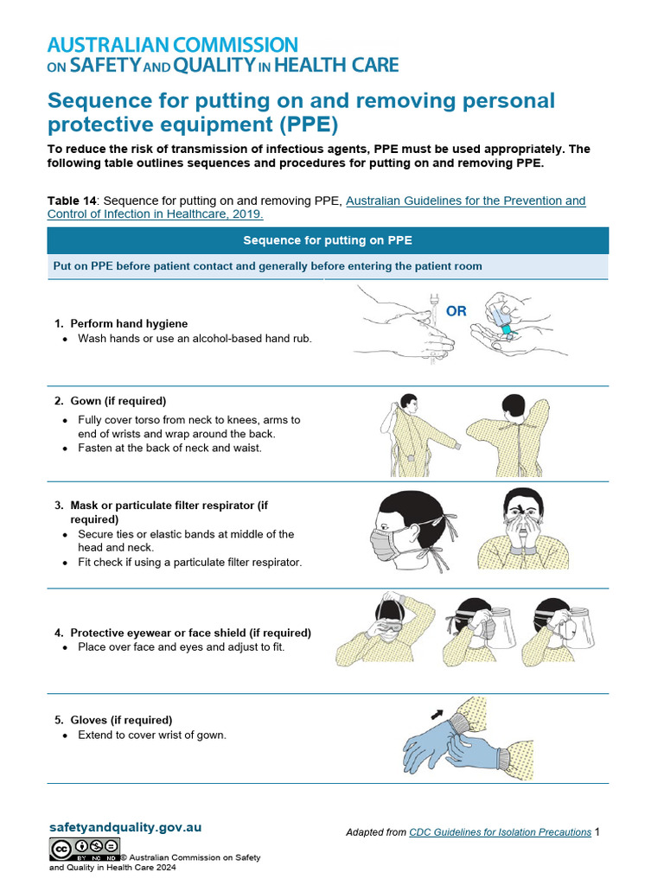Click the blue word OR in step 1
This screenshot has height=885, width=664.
[x=456, y=311]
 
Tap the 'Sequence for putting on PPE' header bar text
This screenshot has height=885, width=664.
[x=328, y=240]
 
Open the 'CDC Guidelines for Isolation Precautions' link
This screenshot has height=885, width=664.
[x=500, y=832]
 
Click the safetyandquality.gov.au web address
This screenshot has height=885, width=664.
[x=125, y=827]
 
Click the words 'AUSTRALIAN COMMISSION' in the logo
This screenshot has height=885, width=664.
[x=172, y=45]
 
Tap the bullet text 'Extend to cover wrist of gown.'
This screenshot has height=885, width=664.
[x=152, y=735]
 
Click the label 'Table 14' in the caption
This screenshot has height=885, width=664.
[x=73, y=201]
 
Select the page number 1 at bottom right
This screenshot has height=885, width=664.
[x=597, y=832]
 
